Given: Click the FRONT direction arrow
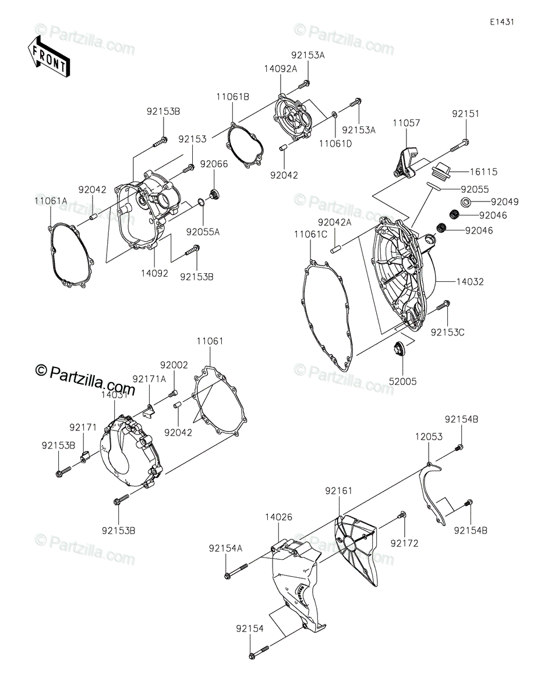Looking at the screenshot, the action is coord(49,57).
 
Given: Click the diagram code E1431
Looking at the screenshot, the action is coord(502,22).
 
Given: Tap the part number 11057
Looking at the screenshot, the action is coord(406,123).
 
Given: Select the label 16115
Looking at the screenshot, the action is coord(483,172).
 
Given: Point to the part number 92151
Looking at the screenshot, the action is coord(465,114).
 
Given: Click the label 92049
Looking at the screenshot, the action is coord(504,202).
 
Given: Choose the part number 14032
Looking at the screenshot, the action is coord(470,282).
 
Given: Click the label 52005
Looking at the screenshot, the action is coord(402,382).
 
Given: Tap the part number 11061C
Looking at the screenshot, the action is coord(310,235).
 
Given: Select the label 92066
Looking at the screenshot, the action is coord(214,164).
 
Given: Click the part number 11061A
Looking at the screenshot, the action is coord(51,201).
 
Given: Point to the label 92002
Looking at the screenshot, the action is coord(174,365).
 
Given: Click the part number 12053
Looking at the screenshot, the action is coord(429,437).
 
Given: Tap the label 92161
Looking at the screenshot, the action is coord(338,491).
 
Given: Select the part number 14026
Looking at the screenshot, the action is coord(278,517).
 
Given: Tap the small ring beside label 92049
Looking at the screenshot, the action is coord(465,202).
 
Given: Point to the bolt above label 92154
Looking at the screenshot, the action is coord(259,655).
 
